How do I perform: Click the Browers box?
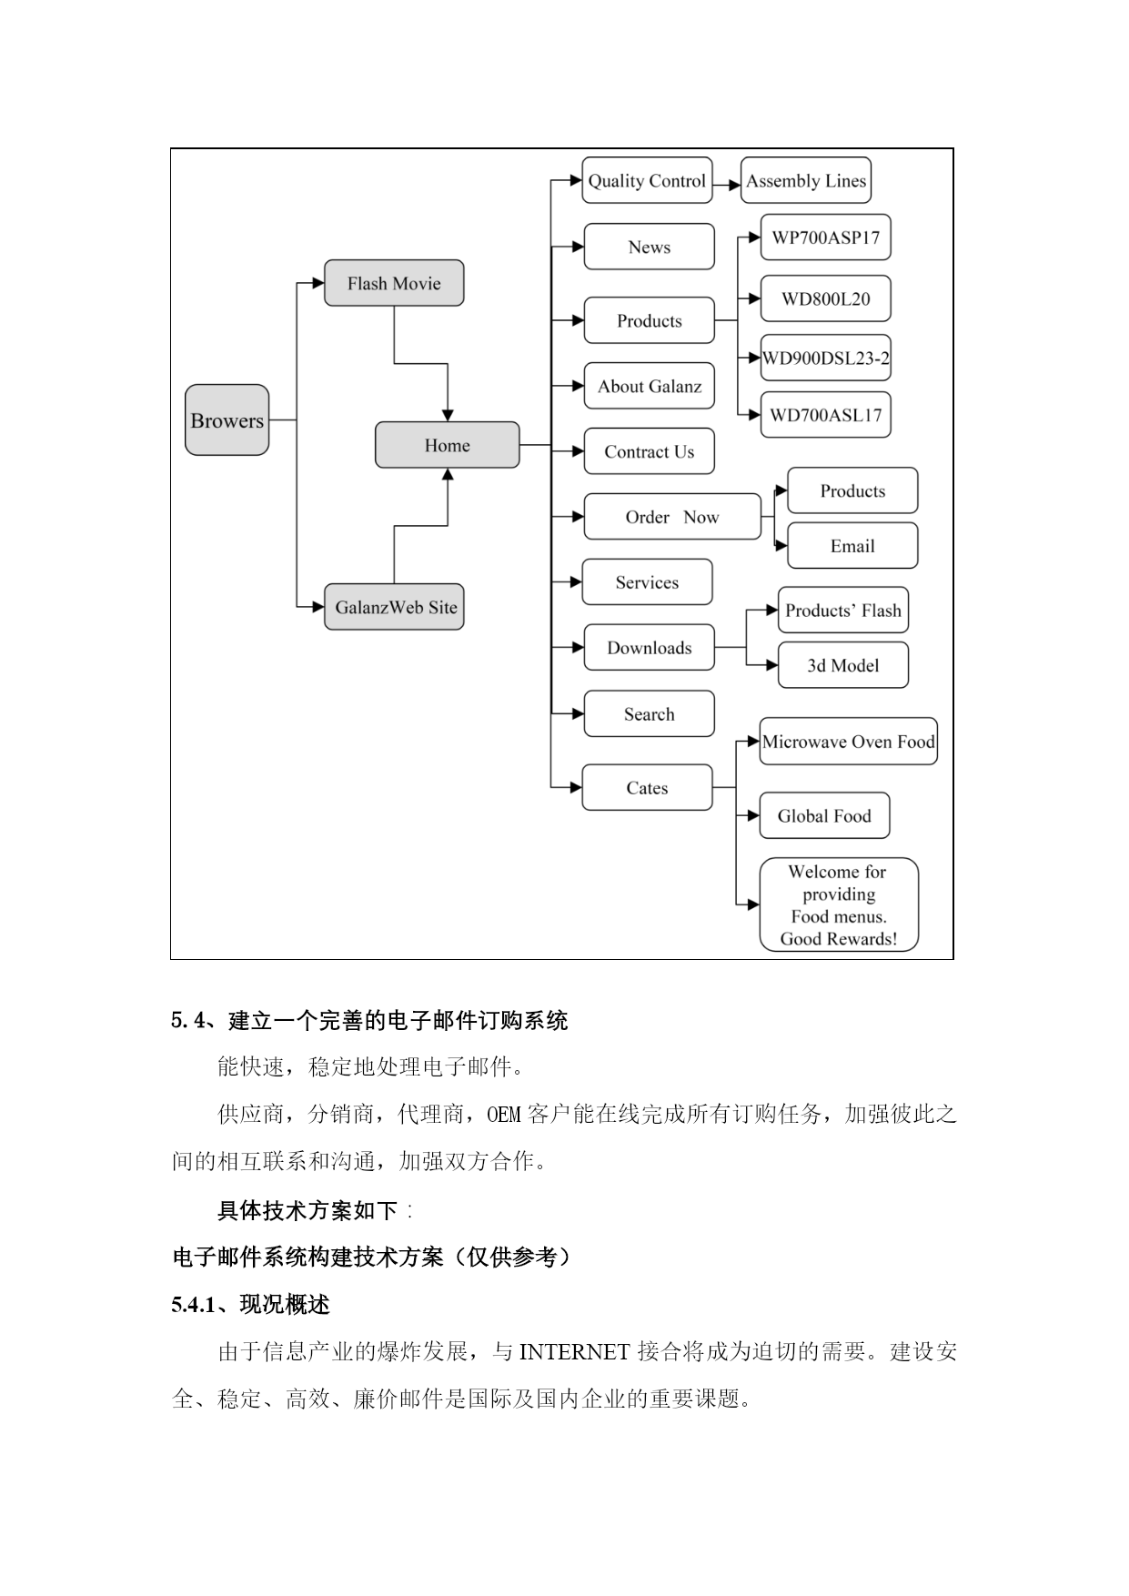pos(227,419)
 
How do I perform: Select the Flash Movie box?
pos(394,283)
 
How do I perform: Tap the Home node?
pos(448,445)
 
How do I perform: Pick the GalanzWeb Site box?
pos(394,607)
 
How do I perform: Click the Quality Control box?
pos(647,180)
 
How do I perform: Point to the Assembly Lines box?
pos(806,180)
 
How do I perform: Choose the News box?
pos(649,247)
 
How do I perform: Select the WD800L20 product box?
pos(825,298)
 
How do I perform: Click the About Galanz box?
pos(649,386)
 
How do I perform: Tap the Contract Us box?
pos(649,451)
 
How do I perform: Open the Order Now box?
pos(672,517)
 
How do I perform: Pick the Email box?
pos(852,546)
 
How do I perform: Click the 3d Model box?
pos(843,665)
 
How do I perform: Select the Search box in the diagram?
pos(649,714)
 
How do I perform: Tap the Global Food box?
pos(824,815)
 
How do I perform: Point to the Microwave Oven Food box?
pos(848,742)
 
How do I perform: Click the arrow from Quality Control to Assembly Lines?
pos(727,185)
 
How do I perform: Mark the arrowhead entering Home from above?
pos(448,415)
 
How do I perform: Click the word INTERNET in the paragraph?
pos(574,1351)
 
